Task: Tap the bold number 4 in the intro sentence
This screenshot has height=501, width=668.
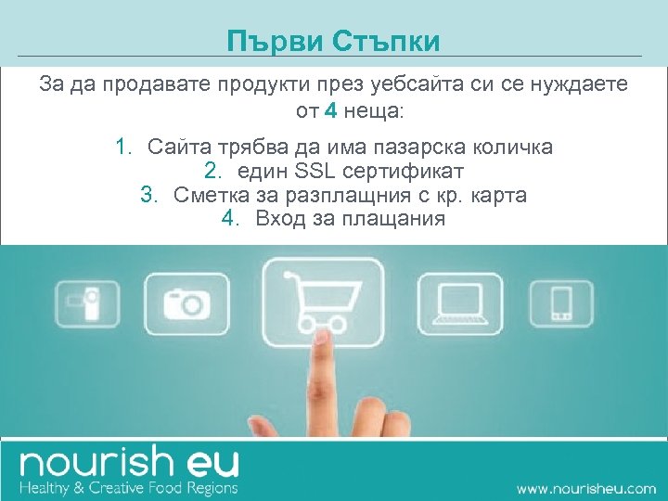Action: [331, 113]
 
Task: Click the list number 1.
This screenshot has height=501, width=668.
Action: [121, 147]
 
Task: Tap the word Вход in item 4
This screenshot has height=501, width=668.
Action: [277, 219]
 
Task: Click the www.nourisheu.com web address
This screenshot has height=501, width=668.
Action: [585, 487]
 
